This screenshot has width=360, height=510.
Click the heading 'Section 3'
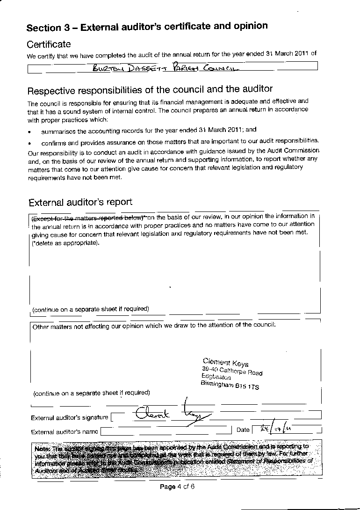pos(51,28)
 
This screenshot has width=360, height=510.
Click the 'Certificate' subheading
pos(49,44)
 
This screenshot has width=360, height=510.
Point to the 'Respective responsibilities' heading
pos(150,89)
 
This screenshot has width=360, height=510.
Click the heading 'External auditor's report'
pos(80,203)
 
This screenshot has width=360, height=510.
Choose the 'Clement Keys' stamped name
pos(225,362)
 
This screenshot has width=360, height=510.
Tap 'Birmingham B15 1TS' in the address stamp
pos(229,385)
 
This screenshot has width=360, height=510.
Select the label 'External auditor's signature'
pos(69,417)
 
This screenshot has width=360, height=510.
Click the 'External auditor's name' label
pos(65,431)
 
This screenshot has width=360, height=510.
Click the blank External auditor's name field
pos(166,430)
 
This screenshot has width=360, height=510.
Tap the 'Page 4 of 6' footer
pos(177,487)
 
